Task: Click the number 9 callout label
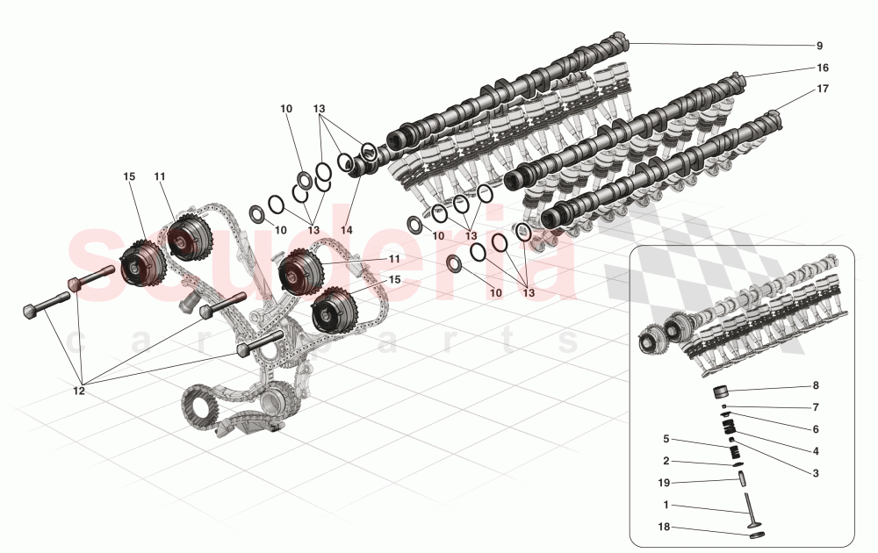(x=819, y=46)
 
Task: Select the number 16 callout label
(x=822, y=68)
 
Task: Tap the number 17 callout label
(x=822, y=89)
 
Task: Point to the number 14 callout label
(x=346, y=229)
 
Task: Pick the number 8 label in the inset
(x=816, y=385)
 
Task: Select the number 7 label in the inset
(x=816, y=407)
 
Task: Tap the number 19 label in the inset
(x=666, y=482)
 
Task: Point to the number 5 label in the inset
(x=666, y=439)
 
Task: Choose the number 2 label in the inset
(x=666, y=461)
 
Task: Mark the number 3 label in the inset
(x=816, y=473)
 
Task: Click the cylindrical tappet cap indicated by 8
(x=728, y=391)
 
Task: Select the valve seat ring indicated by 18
(x=755, y=533)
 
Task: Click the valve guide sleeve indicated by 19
(x=740, y=479)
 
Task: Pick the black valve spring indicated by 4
(x=728, y=427)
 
